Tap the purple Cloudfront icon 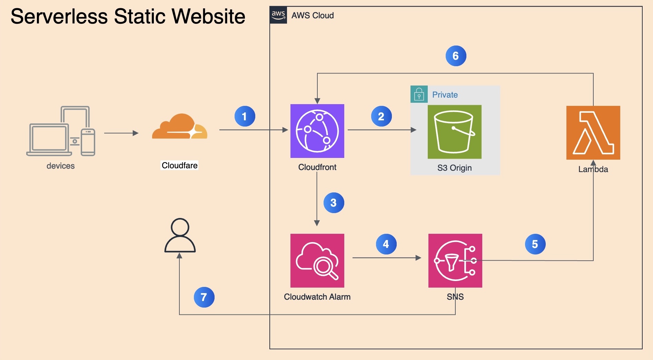317,131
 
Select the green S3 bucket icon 454,132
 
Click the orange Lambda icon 593,133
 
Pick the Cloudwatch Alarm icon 317,261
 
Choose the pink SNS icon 455,261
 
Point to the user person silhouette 180,235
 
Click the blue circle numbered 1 245,116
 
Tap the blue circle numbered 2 381,116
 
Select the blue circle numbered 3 334,203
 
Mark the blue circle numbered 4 386,244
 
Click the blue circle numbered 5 535,244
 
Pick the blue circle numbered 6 456,56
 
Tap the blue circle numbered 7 204,297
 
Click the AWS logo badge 278,15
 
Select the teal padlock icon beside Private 419,94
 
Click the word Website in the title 208,16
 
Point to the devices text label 60,166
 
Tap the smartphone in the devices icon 88,142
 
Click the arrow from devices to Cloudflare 121,133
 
